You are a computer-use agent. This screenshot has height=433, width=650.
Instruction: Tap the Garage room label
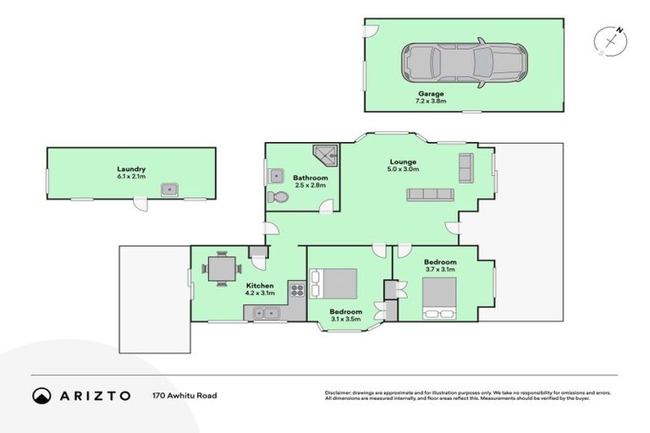click(430, 93)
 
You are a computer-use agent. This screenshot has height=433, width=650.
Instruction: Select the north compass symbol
click(610, 41)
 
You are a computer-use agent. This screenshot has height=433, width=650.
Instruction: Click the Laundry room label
click(131, 168)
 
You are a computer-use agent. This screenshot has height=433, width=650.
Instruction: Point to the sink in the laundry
click(170, 189)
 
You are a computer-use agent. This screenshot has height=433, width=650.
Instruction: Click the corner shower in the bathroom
click(325, 153)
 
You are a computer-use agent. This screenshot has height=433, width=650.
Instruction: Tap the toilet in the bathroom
click(278, 197)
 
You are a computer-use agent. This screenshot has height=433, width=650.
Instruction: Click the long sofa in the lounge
click(430, 195)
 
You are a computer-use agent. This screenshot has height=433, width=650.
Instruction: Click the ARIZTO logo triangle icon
click(42, 395)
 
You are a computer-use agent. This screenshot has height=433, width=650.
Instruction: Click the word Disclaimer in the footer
click(339, 392)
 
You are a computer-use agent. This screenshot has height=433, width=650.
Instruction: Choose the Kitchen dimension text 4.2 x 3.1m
click(259, 294)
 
